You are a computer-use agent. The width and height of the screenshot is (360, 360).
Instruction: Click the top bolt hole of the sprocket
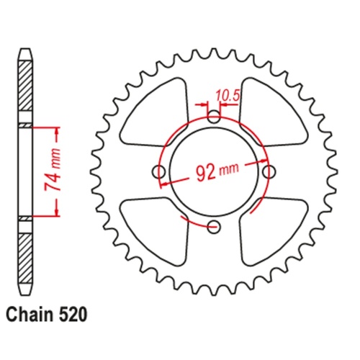[214, 117]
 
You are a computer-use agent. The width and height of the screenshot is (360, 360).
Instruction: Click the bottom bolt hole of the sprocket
[214, 228]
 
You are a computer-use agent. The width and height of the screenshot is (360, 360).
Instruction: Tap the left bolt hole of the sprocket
[158, 172]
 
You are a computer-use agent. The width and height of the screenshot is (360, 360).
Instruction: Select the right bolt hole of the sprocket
[270, 172]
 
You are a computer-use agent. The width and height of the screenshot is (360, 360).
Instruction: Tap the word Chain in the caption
[29, 315]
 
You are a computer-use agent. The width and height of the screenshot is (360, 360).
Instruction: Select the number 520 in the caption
[74, 315]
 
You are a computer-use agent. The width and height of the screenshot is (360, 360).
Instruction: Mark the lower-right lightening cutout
[272, 229]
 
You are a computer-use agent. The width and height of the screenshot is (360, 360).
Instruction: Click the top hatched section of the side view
[25, 86]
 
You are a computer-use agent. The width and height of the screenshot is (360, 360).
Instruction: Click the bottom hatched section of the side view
[25, 256]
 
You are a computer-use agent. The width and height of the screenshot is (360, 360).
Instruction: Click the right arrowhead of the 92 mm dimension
[265, 162]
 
